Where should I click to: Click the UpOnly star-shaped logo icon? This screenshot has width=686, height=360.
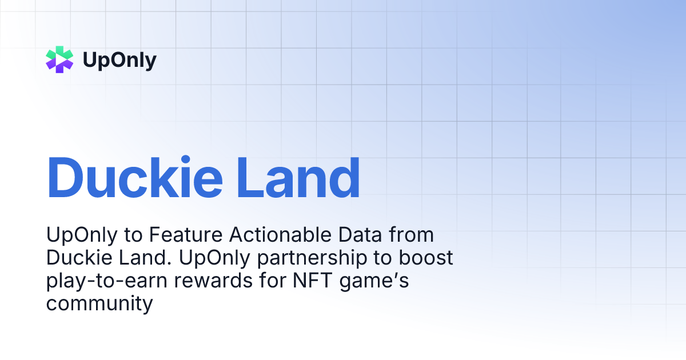(59, 59)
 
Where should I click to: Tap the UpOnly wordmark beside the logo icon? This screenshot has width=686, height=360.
(119, 61)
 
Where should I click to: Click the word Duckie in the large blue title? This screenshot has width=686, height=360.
(135, 178)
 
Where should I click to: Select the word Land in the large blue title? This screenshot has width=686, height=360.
(298, 178)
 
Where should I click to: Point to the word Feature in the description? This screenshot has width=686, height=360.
(186, 235)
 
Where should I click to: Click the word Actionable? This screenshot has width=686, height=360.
(280, 235)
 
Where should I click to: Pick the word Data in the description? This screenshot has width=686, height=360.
(360, 235)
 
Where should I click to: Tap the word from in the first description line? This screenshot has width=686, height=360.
(411, 235)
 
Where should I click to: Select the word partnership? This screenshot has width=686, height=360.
(312, 258)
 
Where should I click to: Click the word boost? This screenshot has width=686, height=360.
(426, 258)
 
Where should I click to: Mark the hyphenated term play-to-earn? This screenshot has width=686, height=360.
(106, 281)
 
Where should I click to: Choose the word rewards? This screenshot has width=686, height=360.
(213, 281)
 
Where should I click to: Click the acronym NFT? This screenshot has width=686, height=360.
(312, 280)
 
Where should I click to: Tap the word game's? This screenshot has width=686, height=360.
(374, 281)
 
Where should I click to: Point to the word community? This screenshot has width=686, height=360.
(99, 304)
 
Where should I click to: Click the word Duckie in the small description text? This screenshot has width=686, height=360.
(79, 258)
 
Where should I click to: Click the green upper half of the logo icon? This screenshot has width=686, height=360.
(59, 53)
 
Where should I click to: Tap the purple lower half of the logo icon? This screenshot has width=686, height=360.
(59, 66)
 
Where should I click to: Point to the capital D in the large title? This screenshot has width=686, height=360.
(65, 178)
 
